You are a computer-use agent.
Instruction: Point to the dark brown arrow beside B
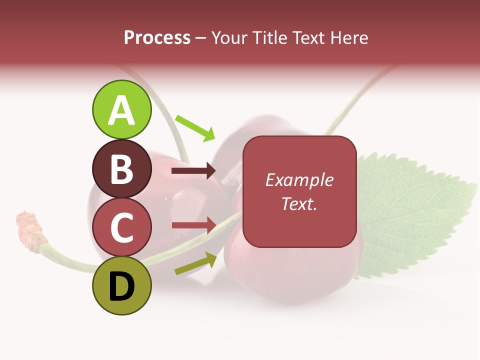tap(193, 171)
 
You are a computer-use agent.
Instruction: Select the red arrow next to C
tap(193, 225)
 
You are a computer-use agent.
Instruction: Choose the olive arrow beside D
tap(195, 264)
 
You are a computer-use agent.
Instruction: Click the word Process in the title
tap(157, 37)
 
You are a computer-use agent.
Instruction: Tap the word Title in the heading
tap(270, 37)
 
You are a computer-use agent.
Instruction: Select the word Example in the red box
tap(299, 180)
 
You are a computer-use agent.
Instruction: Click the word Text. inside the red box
tap(299, 203)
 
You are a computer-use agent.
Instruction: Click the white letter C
tap(122, 227)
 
